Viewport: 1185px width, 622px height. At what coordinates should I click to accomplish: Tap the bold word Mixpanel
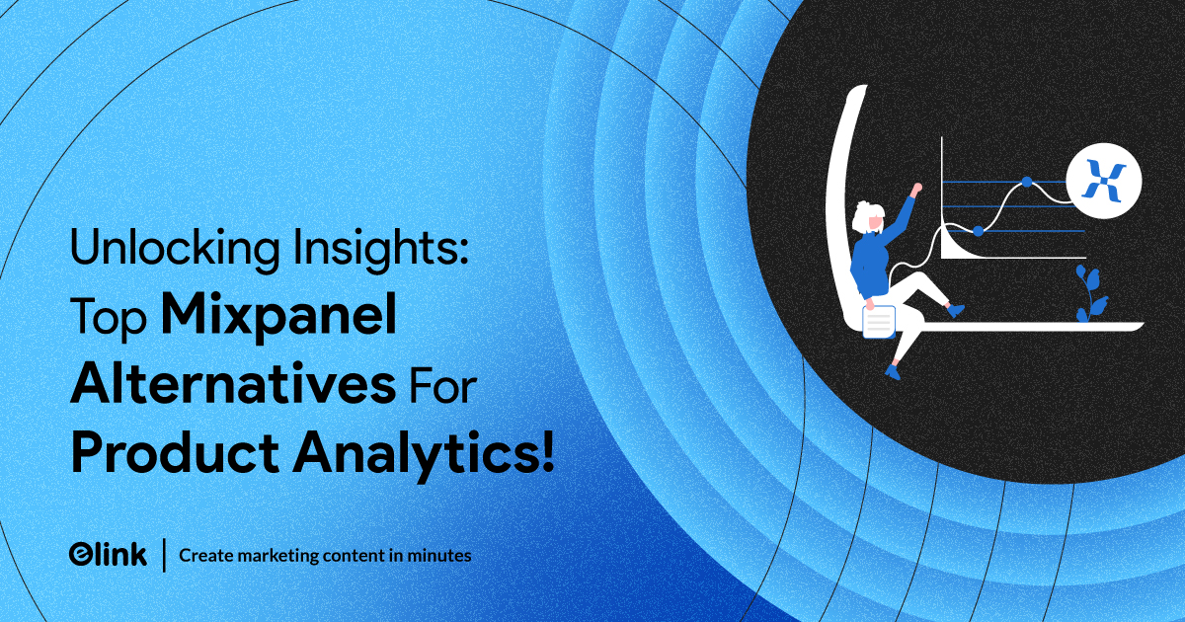pos(278,316)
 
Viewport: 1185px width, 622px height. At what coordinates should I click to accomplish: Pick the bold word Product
pos(175,452)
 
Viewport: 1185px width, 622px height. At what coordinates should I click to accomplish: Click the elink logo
pos(108,555)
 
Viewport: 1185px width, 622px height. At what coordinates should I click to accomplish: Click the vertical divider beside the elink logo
pos(165,555)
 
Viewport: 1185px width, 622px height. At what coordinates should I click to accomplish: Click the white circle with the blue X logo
pos(1104,181)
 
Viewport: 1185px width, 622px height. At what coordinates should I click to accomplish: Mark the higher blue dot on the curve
pos(1027,182)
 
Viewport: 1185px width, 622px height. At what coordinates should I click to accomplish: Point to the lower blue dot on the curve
pos(979,231)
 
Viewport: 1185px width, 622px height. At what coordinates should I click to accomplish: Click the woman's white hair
pos(865,216)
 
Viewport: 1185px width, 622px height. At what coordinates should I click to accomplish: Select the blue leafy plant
pos(1091,294)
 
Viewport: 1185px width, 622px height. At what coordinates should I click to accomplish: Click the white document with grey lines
pos(879,321)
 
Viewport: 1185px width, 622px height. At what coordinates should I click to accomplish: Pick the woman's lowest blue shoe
pos(893,372)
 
